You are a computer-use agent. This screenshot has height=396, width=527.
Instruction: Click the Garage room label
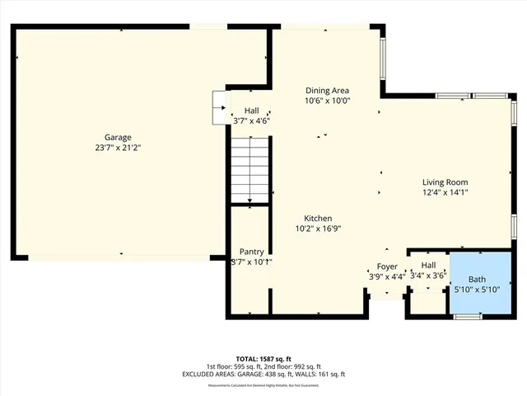click(118, 138)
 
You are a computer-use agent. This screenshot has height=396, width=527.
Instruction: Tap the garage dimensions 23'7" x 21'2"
click(118, 148)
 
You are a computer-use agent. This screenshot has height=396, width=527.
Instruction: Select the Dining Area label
click(328, 91)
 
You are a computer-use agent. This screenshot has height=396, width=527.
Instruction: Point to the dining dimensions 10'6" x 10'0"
click(328, 101)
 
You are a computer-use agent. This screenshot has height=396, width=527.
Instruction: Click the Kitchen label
click(317, 219)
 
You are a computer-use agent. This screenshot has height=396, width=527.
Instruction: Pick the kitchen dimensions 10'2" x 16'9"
click(318, 229)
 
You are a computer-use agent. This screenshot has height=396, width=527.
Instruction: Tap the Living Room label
click(445, 182)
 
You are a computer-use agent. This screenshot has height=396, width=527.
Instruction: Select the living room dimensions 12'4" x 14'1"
click(445, 193)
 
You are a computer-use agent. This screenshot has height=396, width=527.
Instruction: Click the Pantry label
click(251, 252)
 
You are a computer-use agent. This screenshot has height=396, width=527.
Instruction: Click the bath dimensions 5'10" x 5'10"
click(478, 290)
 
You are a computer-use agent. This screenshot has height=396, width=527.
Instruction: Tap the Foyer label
click(387, 266)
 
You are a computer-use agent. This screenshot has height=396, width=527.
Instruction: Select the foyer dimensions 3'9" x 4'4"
click(386, 276)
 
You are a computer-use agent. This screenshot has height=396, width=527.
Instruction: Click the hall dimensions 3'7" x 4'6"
click(251, 120)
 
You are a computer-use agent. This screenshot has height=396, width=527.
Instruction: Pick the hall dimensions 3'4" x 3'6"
click(428, 276)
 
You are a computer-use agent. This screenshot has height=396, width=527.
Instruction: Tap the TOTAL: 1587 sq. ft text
click(263, 359)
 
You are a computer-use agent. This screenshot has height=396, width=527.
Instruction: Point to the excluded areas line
click(263, 375)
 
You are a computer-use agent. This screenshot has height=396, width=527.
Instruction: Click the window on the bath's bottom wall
click(468, 316)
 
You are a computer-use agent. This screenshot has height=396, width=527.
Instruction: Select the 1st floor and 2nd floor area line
click(263, 366)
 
